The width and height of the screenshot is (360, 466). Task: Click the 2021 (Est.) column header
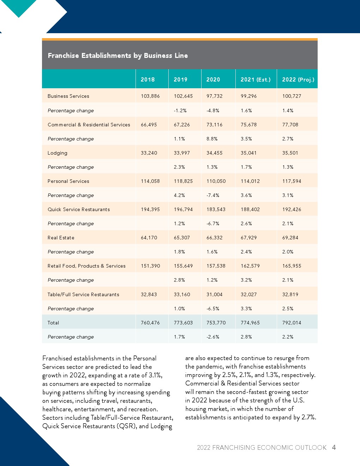click(x=256, y=79)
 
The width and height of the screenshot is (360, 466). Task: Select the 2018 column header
click(x=148, y=79)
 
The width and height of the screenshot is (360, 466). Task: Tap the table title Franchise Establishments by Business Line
click(x=118, y=55)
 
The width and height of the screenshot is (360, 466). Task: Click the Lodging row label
click(x=58, y=153)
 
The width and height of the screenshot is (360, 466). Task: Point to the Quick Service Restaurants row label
click(x=79, y=209)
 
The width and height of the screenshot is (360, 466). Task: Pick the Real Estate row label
click(x=61, y=238)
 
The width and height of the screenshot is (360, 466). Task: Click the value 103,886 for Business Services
click(x=150, y=96)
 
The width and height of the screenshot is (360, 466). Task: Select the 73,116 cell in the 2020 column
click(x=215, y=125)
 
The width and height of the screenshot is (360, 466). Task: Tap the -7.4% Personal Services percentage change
click(x=213, y=195)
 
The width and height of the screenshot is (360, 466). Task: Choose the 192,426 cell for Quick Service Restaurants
click(x=292, y=209)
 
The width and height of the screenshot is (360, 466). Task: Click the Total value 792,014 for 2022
click(x=292, y=323)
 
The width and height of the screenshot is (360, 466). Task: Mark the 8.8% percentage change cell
click(x=212, y=139)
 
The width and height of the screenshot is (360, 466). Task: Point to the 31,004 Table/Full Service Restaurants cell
click(x=215, y=294)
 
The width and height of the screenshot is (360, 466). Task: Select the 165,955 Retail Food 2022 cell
click(x=292, y=266)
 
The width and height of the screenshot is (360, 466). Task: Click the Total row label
click(x=53, y=323)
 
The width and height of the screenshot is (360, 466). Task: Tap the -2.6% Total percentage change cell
click(x=213, y=337)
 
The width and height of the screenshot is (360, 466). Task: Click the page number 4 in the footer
click(x=334, y=447)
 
